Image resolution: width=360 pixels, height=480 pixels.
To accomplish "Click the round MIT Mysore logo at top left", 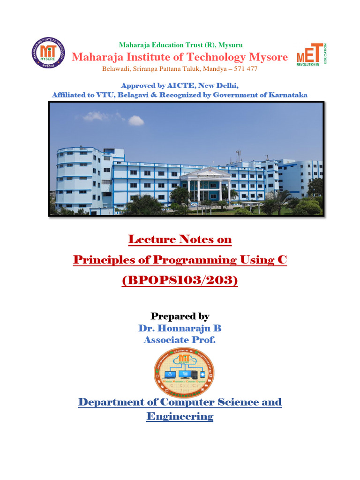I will point(48,52).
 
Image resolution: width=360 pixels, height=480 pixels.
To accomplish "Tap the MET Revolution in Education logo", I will point(311,55).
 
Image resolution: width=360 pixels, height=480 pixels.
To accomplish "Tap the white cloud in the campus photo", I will point(135,120).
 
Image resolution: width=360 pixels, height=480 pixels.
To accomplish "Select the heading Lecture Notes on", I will point(180,240).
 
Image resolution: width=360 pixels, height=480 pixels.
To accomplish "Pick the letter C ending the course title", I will point(282,260).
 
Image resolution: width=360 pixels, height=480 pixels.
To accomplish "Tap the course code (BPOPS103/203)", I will point(180,281).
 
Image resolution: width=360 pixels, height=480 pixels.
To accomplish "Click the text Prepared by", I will point(180,316).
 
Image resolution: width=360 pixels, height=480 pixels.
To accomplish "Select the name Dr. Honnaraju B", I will point(180,328).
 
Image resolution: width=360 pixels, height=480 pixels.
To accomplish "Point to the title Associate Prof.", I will point(180,340).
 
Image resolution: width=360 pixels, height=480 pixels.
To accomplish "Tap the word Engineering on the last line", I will point(180,416).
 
